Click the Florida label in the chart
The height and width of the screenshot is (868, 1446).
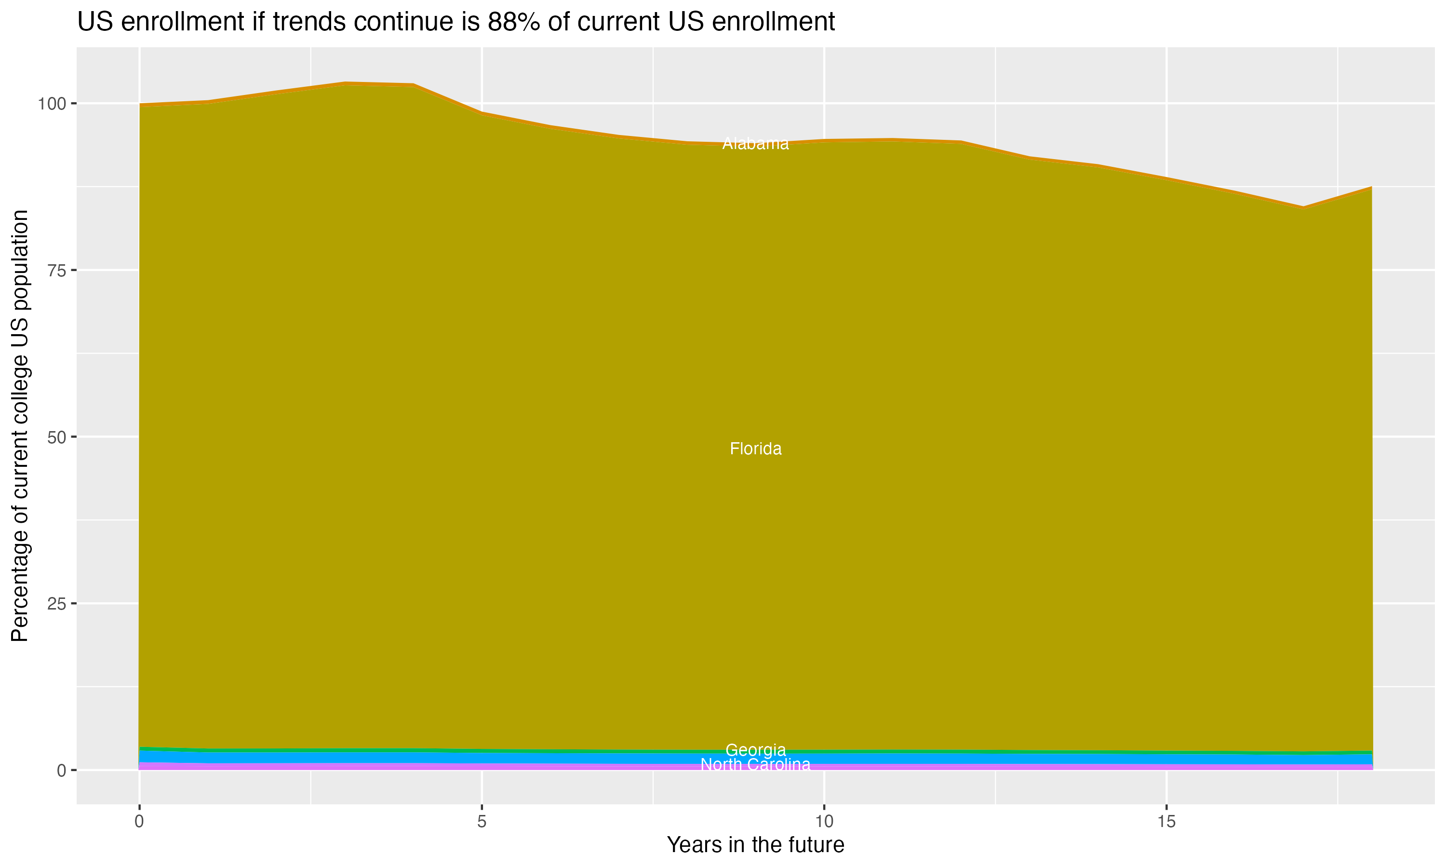click(755, 448)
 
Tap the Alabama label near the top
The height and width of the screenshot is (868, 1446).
click(755, 143)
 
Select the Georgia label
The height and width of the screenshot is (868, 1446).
click(755, 750)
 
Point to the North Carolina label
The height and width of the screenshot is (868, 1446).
click(755, 764)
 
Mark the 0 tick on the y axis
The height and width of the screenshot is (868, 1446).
click(61, 770)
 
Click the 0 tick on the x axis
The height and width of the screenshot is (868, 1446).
click(139, 822)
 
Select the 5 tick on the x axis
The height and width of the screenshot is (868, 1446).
click(482, 822)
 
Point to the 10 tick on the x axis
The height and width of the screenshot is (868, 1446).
click(824, 822)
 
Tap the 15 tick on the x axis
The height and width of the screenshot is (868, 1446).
click(1166, 822)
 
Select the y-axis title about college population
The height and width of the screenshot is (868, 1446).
click(20, 425)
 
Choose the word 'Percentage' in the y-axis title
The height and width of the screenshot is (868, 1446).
click(20, 591)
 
